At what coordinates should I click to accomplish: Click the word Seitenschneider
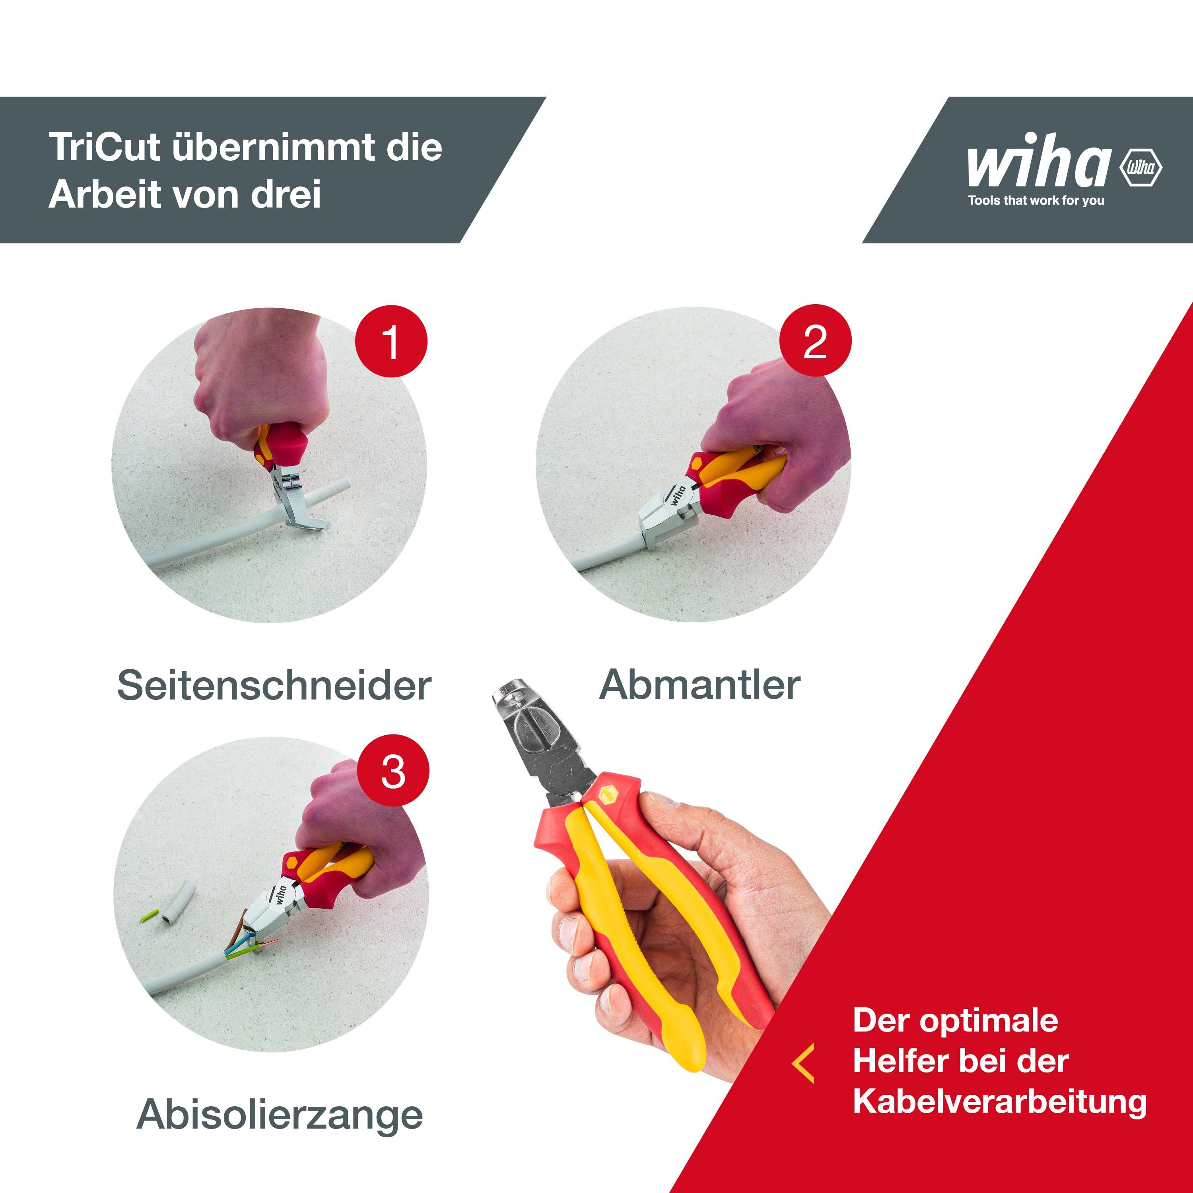click(274, 686)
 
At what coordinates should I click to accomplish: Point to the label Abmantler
click(699, 684)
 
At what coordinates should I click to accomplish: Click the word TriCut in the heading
click(105, 148)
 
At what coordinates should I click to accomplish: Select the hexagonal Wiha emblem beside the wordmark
click(1141, 167)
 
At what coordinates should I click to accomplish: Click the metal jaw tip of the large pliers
click(514, 695)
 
